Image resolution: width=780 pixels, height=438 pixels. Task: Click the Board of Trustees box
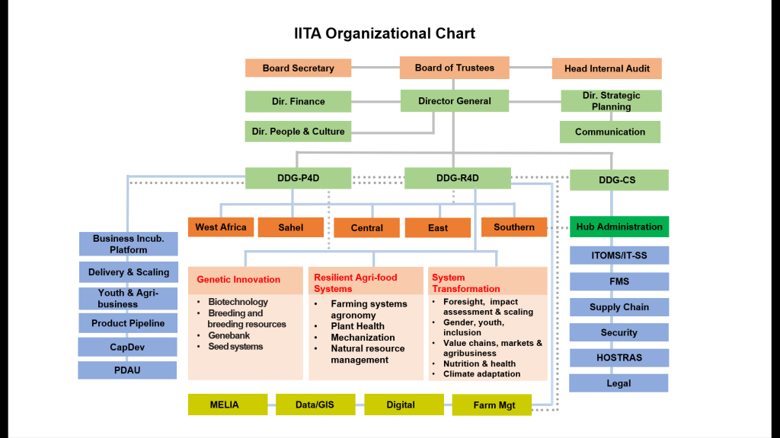(454, 68)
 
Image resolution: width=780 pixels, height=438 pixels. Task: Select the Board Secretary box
(298, 68)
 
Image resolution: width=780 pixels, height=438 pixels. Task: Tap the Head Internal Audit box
(606, 68)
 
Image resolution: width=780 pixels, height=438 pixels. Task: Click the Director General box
(454, 100)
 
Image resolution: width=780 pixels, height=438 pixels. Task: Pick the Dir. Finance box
(298, 101)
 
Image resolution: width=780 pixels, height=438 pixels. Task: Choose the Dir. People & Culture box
(298, 132)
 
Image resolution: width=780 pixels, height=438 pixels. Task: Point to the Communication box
(609, 132)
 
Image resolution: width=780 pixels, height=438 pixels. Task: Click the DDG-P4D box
(298, 179)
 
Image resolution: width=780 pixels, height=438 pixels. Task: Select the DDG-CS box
(618, 180)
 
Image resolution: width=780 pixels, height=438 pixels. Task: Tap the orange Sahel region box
(290, 227)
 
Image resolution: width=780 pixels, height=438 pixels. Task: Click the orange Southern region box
(513, 227)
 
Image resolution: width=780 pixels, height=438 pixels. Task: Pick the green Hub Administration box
(619, 227)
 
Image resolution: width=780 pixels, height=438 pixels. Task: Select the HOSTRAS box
(619, 357)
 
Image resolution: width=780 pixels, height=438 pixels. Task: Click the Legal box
(619, 383)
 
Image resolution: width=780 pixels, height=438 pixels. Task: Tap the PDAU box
(128, 370)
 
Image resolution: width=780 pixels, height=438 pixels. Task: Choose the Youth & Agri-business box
(128, 298)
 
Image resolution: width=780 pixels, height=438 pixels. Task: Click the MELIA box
(227, 405)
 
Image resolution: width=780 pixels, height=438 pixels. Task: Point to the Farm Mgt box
(494, 405)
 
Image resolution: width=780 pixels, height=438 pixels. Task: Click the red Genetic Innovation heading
(238, 279)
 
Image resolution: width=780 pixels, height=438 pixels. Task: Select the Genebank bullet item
(229, 335)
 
